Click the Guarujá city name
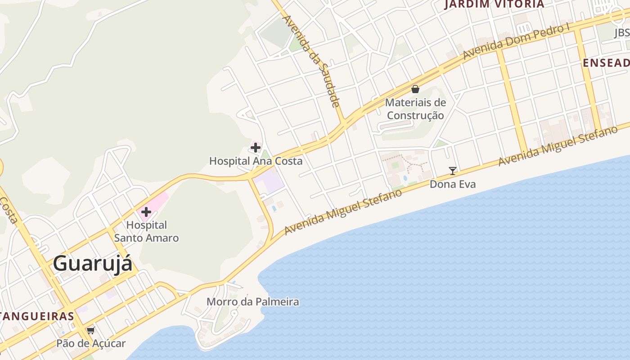tap(93, 264)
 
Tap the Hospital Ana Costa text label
tap(256, 161)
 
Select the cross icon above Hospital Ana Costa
tap(256, 147)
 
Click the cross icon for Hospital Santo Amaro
tap(146, 212)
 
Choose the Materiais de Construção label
tap(415, 109)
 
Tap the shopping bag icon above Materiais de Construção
tap(415, 89)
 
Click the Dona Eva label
tap(452, 184)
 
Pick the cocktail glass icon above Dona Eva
tap(453, 171)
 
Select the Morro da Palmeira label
tap(253, 301)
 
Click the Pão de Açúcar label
tap(91, 343)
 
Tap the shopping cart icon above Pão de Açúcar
tap(91, 331)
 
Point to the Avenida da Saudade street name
tap(311, 61)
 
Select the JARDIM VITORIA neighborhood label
tap(494, 4)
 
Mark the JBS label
tap(622, 33)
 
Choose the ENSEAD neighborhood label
tap(606, 63)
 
